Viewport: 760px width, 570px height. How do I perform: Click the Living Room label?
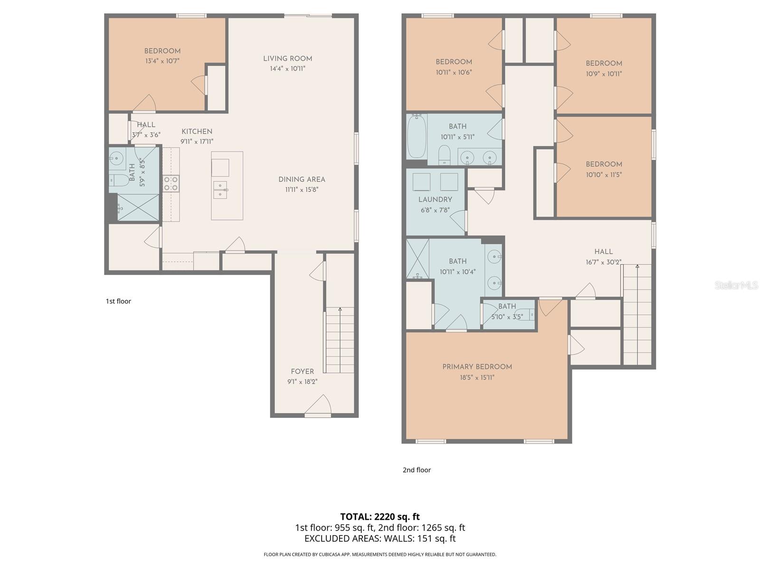tap(287, 58)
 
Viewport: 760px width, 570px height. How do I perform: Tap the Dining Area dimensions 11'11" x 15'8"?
tap(302, 190)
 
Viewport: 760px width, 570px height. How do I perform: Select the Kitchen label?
tap(197, 132)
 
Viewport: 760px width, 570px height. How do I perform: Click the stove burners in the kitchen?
tap(171, 183)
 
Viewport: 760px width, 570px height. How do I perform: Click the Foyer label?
tap(302, 371)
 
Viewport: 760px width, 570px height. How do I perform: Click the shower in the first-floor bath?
tap(138, 208)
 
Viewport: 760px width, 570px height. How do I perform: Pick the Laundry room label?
tap(435, 199)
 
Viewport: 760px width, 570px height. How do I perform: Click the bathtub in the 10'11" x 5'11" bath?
tap(417, 136)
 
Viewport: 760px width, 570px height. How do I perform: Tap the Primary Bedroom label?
tap(477, 367)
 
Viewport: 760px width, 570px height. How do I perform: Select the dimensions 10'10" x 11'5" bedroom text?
tap(604, 175)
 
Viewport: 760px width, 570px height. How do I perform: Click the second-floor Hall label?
tap(603, 252)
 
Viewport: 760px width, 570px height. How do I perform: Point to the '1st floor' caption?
tap(118, 301)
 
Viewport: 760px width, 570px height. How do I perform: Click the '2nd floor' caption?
tap(417, 470)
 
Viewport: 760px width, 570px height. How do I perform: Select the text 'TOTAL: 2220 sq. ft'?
tap(380, 516)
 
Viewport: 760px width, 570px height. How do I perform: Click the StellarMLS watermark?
tap(736, 285)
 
